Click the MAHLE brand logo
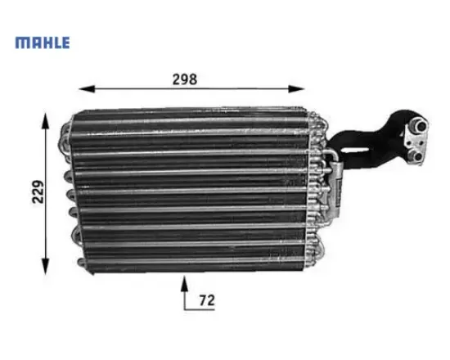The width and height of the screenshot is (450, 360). click(43, 43)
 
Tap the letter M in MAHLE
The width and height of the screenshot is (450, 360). click(21, 43)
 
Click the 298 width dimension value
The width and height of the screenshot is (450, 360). click(186, 79)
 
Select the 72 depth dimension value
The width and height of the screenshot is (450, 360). click(206, 301)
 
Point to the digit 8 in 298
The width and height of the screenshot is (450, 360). click(194, 79)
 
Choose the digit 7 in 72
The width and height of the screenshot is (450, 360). click(202, 301)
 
